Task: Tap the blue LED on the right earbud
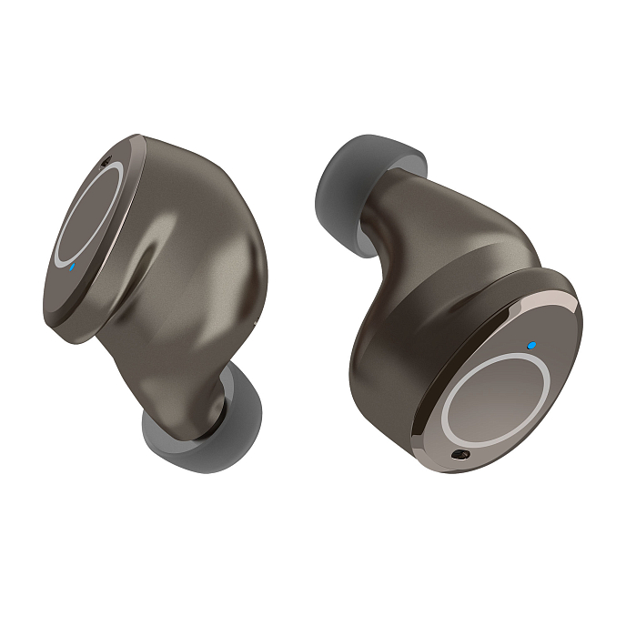(x=530, y=347)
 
